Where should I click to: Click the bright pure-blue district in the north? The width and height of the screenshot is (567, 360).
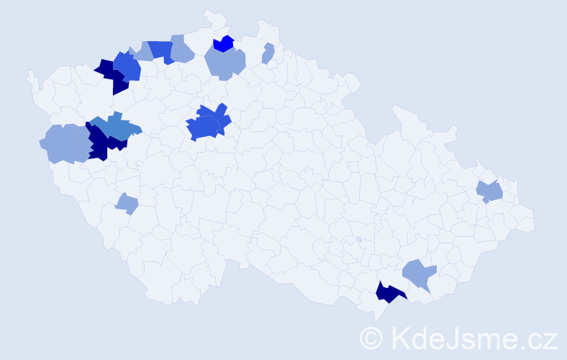[x=224, y=43]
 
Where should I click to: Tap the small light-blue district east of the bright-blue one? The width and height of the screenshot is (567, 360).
[x=268, y=54]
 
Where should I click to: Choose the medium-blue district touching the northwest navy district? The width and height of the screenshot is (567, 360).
[x=129, y=66]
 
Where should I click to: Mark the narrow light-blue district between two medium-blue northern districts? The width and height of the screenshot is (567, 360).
[x=142, y=51]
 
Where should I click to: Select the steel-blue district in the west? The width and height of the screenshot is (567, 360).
[x=115, y=128]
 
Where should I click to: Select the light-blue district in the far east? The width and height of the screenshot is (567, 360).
[x=491, y=192]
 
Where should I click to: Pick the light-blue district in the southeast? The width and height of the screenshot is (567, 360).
[x=419, y=274]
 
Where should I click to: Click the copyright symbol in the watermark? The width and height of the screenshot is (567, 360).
[x=373, y=337]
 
